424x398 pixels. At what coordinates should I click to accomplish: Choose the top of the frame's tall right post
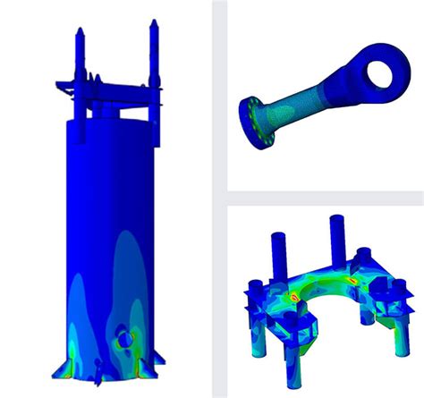[x=336, y=217]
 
